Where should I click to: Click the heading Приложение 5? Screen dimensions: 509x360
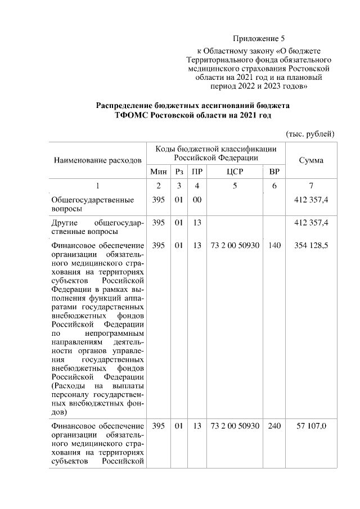259,39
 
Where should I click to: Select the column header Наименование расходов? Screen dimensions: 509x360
97,160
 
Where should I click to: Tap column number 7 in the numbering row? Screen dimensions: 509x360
311,186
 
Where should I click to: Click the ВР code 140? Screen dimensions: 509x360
274,246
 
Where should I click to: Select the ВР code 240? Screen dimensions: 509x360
274,426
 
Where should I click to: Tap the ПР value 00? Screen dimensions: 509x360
196,200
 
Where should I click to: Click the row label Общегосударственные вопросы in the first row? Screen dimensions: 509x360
92,204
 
